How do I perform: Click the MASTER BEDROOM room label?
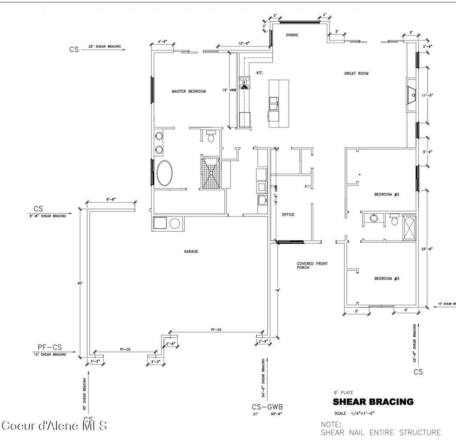pos(189,91)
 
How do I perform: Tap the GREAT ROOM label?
pos(356,74)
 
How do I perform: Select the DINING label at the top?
pos(292,35)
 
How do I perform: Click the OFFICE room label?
pos(288,214)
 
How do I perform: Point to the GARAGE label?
pos(191,251)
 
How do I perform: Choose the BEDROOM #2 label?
pos(386,194)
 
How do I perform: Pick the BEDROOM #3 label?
pos(386,278)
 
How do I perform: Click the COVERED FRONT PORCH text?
pos(312,266)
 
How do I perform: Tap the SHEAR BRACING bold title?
pos(373,402)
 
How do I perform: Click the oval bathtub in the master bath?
pos(165,173)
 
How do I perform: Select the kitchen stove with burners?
pos(245,82)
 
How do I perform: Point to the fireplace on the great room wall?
pos(411,95)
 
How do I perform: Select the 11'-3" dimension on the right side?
pos(428,94)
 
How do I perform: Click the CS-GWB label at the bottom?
pos(267,406)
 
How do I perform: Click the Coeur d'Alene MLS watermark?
pos(54,426)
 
